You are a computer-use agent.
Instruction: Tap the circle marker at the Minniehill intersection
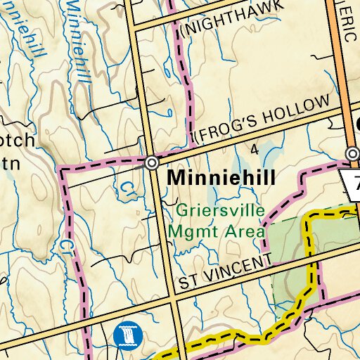coord(152,163)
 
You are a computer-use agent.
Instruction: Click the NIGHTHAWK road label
coord(233,16)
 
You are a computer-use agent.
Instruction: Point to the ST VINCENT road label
coord(224,273)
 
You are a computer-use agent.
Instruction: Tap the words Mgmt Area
coord(216,230)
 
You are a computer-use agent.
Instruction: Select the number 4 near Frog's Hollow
coord(254,149)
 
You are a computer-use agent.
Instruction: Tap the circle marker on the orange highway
coord(352,153)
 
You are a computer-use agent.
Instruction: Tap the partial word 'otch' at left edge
coord(15,141)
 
